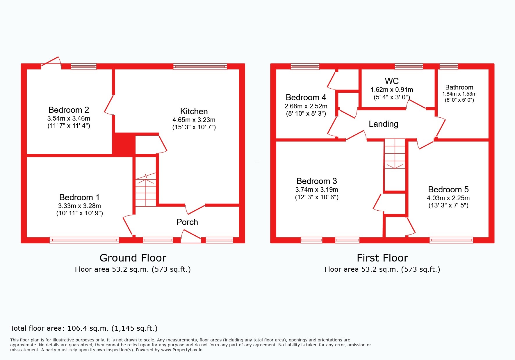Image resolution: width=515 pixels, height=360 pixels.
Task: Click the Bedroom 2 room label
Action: pyautogui.click(x=69, y=110)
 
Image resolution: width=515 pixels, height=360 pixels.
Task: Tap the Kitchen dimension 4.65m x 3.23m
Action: pyautogui.click(x=194, y=120)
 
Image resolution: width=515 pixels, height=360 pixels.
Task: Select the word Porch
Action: pyautogui.click(x=187, y=222)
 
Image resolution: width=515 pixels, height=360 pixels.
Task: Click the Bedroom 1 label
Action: pyautogui.click(x=79, y=197)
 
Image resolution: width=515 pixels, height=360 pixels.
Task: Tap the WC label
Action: pyautogui.click(x=392, y=81)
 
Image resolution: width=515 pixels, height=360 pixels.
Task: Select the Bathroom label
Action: pyautogui.click(x=459, y=87)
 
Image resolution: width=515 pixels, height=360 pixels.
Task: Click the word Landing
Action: pyautogui.click(x=383, y=124)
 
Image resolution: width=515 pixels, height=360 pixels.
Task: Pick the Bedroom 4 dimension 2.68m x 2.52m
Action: pyautogui.click(x=306, y=106)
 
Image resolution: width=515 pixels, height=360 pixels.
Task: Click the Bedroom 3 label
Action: pyautogui.click(x=316, y=181)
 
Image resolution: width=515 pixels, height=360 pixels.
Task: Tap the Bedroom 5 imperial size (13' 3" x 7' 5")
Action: pyautogui.click(x=448, y=205)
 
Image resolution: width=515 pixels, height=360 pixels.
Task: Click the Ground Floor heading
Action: pyautogui.click(x=133, y=258)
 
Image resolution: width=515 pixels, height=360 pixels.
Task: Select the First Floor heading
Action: pyautogui.click(x=382, y=258)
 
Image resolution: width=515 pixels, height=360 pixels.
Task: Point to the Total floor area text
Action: pyautogui.click(x=84, y=328)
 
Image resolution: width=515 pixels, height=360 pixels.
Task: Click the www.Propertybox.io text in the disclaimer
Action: pyautogui.click(x=181, y=350)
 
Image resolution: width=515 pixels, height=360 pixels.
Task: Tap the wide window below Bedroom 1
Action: pyautogui.click(x=84, y=240)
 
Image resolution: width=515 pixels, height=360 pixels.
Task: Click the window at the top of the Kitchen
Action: pyautogui.click(x=200, y=67)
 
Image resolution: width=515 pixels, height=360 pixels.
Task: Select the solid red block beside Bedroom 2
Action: pyautogui.click(x=124, y=144)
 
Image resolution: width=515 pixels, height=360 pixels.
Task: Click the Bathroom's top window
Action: pyautogui.click(x=449, y=67)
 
